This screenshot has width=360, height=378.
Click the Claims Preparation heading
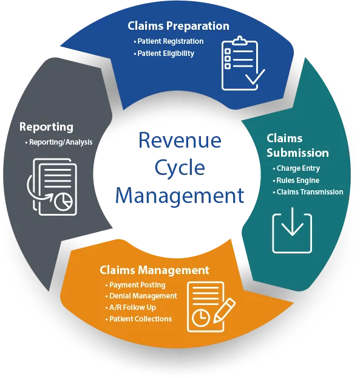tap(178, 26)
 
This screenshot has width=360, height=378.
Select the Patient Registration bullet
tap(169, 41)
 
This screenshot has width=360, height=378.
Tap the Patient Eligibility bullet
tap(164, 53)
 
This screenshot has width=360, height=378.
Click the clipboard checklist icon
tap(243, 63)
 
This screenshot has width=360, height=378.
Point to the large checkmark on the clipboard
tap(255, 77)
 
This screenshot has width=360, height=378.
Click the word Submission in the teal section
tap(297, 153)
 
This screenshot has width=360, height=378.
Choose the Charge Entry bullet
tap(296, 168)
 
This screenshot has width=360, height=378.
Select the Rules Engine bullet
tap(296, 180)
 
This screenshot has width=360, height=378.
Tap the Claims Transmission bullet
tap(308, 192)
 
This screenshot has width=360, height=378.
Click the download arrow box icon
tap(292, 230)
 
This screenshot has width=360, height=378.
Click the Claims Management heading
tap(154, 270)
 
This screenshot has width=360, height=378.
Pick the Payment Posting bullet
tap(135, 285)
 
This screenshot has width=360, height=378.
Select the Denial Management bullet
tap(141, 296)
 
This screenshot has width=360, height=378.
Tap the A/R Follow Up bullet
tap(131, 308)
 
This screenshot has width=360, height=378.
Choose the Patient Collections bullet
tap(138, 318)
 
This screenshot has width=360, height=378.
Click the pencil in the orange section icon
tap(224, 311)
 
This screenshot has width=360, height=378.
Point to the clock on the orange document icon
tap(201, 318)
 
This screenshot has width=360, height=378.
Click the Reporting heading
tap(46, 127)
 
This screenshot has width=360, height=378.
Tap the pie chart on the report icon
tap(63, 202)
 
